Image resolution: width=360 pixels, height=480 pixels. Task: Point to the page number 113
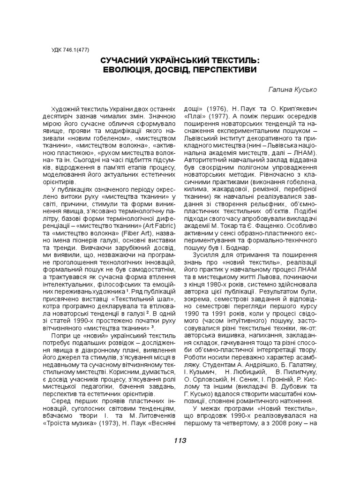(x=180, y=440)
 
